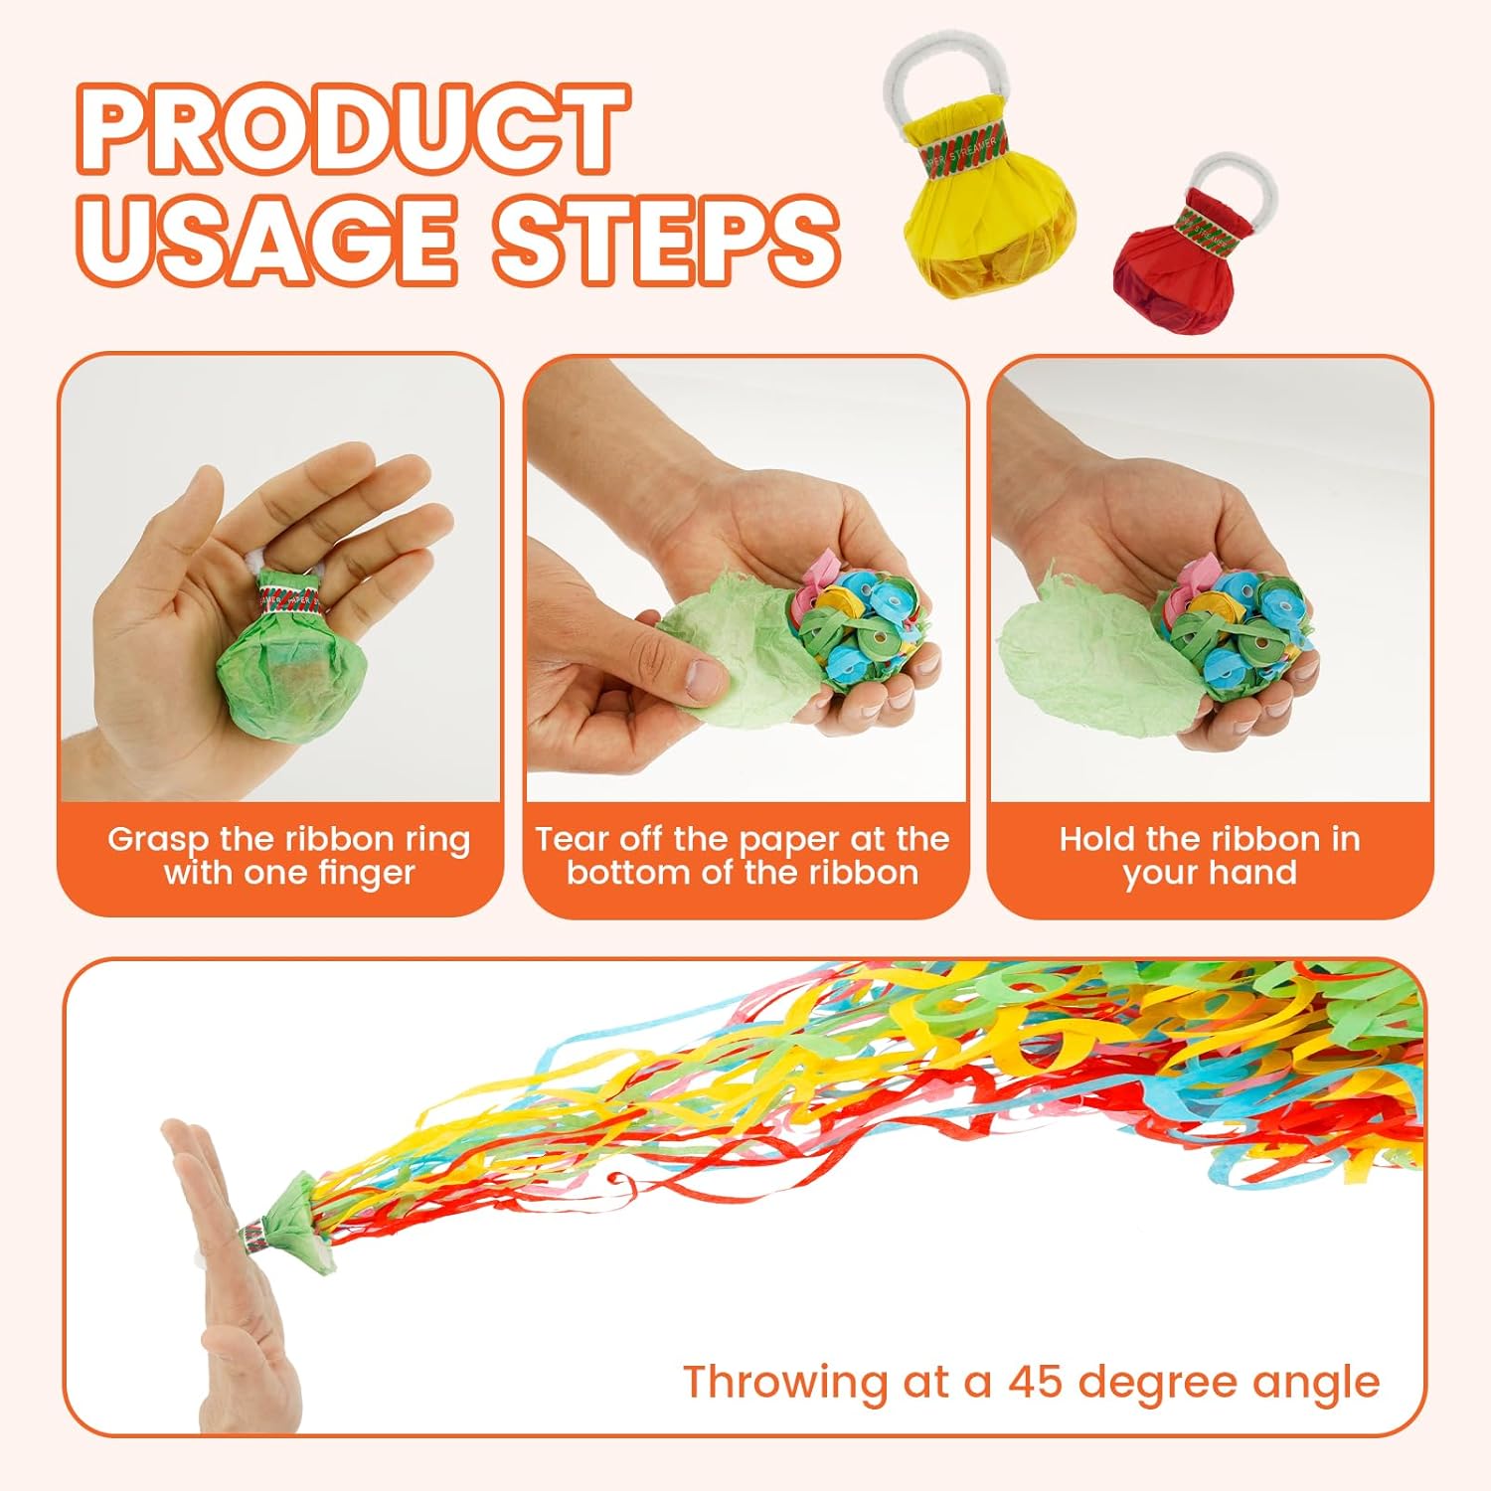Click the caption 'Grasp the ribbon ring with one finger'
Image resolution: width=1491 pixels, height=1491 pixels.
tap(288, 856)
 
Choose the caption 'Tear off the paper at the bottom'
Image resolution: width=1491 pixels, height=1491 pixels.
tap(743, 856)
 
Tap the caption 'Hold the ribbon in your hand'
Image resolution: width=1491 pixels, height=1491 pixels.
tap(1210, 856)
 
